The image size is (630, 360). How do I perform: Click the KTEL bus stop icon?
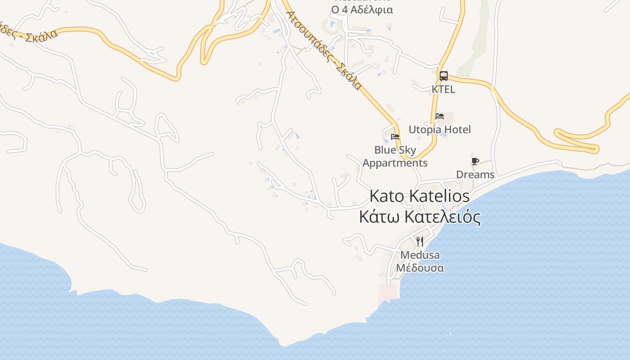pos(444,76)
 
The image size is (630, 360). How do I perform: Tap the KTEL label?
pos(443,89)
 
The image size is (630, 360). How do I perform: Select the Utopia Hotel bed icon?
pos(440,116)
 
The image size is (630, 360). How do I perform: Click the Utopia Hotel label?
pos(439,130)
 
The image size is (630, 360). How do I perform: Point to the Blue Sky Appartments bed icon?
pos(395,136)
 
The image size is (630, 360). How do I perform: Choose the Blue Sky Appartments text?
pos(395,156)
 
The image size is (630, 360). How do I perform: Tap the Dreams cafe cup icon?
pos(475,161)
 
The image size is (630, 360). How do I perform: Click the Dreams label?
pos(475,175)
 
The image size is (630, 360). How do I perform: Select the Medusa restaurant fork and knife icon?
pos(420,242)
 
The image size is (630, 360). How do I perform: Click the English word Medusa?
pos(420,255)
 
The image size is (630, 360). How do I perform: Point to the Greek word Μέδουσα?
pos(420,268)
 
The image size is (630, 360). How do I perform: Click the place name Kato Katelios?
pos(419,196)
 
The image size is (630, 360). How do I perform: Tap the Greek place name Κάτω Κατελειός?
pos(419,217)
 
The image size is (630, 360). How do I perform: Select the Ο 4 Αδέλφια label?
pos(362,9)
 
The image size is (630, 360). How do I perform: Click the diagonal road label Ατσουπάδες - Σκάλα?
pos(324,49)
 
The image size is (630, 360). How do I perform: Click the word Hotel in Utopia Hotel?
pos(456,130)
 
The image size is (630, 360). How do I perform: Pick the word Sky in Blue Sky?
pos(407,150)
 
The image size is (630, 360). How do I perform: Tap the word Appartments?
pos(395,163)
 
